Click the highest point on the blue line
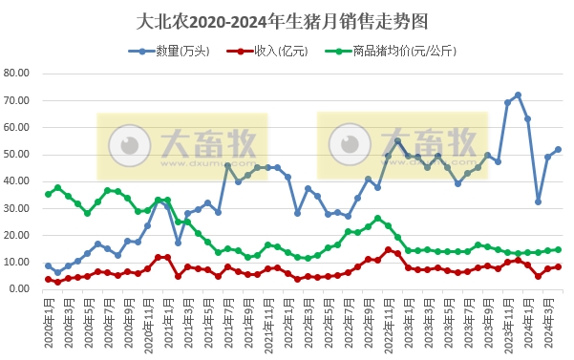pyautogui.click(x=518, y=95)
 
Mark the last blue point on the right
pyautogui.click(x=558, y=149)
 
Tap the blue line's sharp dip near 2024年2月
pyautogui.click(x=538, y=201)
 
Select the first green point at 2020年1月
pyautogui.click(x=48, y=194)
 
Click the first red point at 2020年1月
pyautogui.click(x=48, y=279)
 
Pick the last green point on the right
pyautogui.click(x=558, y=249)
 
